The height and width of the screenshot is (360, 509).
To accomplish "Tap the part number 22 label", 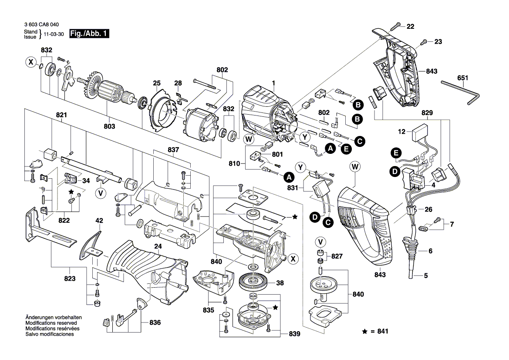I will coord(410,27).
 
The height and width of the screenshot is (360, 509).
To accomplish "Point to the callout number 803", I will coord(109,126).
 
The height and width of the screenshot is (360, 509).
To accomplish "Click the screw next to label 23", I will coord(424,42).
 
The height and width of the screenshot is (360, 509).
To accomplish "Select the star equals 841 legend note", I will coord(375,332).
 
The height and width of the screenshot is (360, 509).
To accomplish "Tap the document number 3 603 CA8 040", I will coord(42,25).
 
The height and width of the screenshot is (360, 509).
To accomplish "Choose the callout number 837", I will coord(173,149).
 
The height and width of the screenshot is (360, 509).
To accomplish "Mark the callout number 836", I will coord(155,323).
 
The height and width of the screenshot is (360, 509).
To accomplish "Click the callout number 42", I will coord(99,221).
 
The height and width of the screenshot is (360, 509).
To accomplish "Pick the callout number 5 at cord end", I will coord(426,275).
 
